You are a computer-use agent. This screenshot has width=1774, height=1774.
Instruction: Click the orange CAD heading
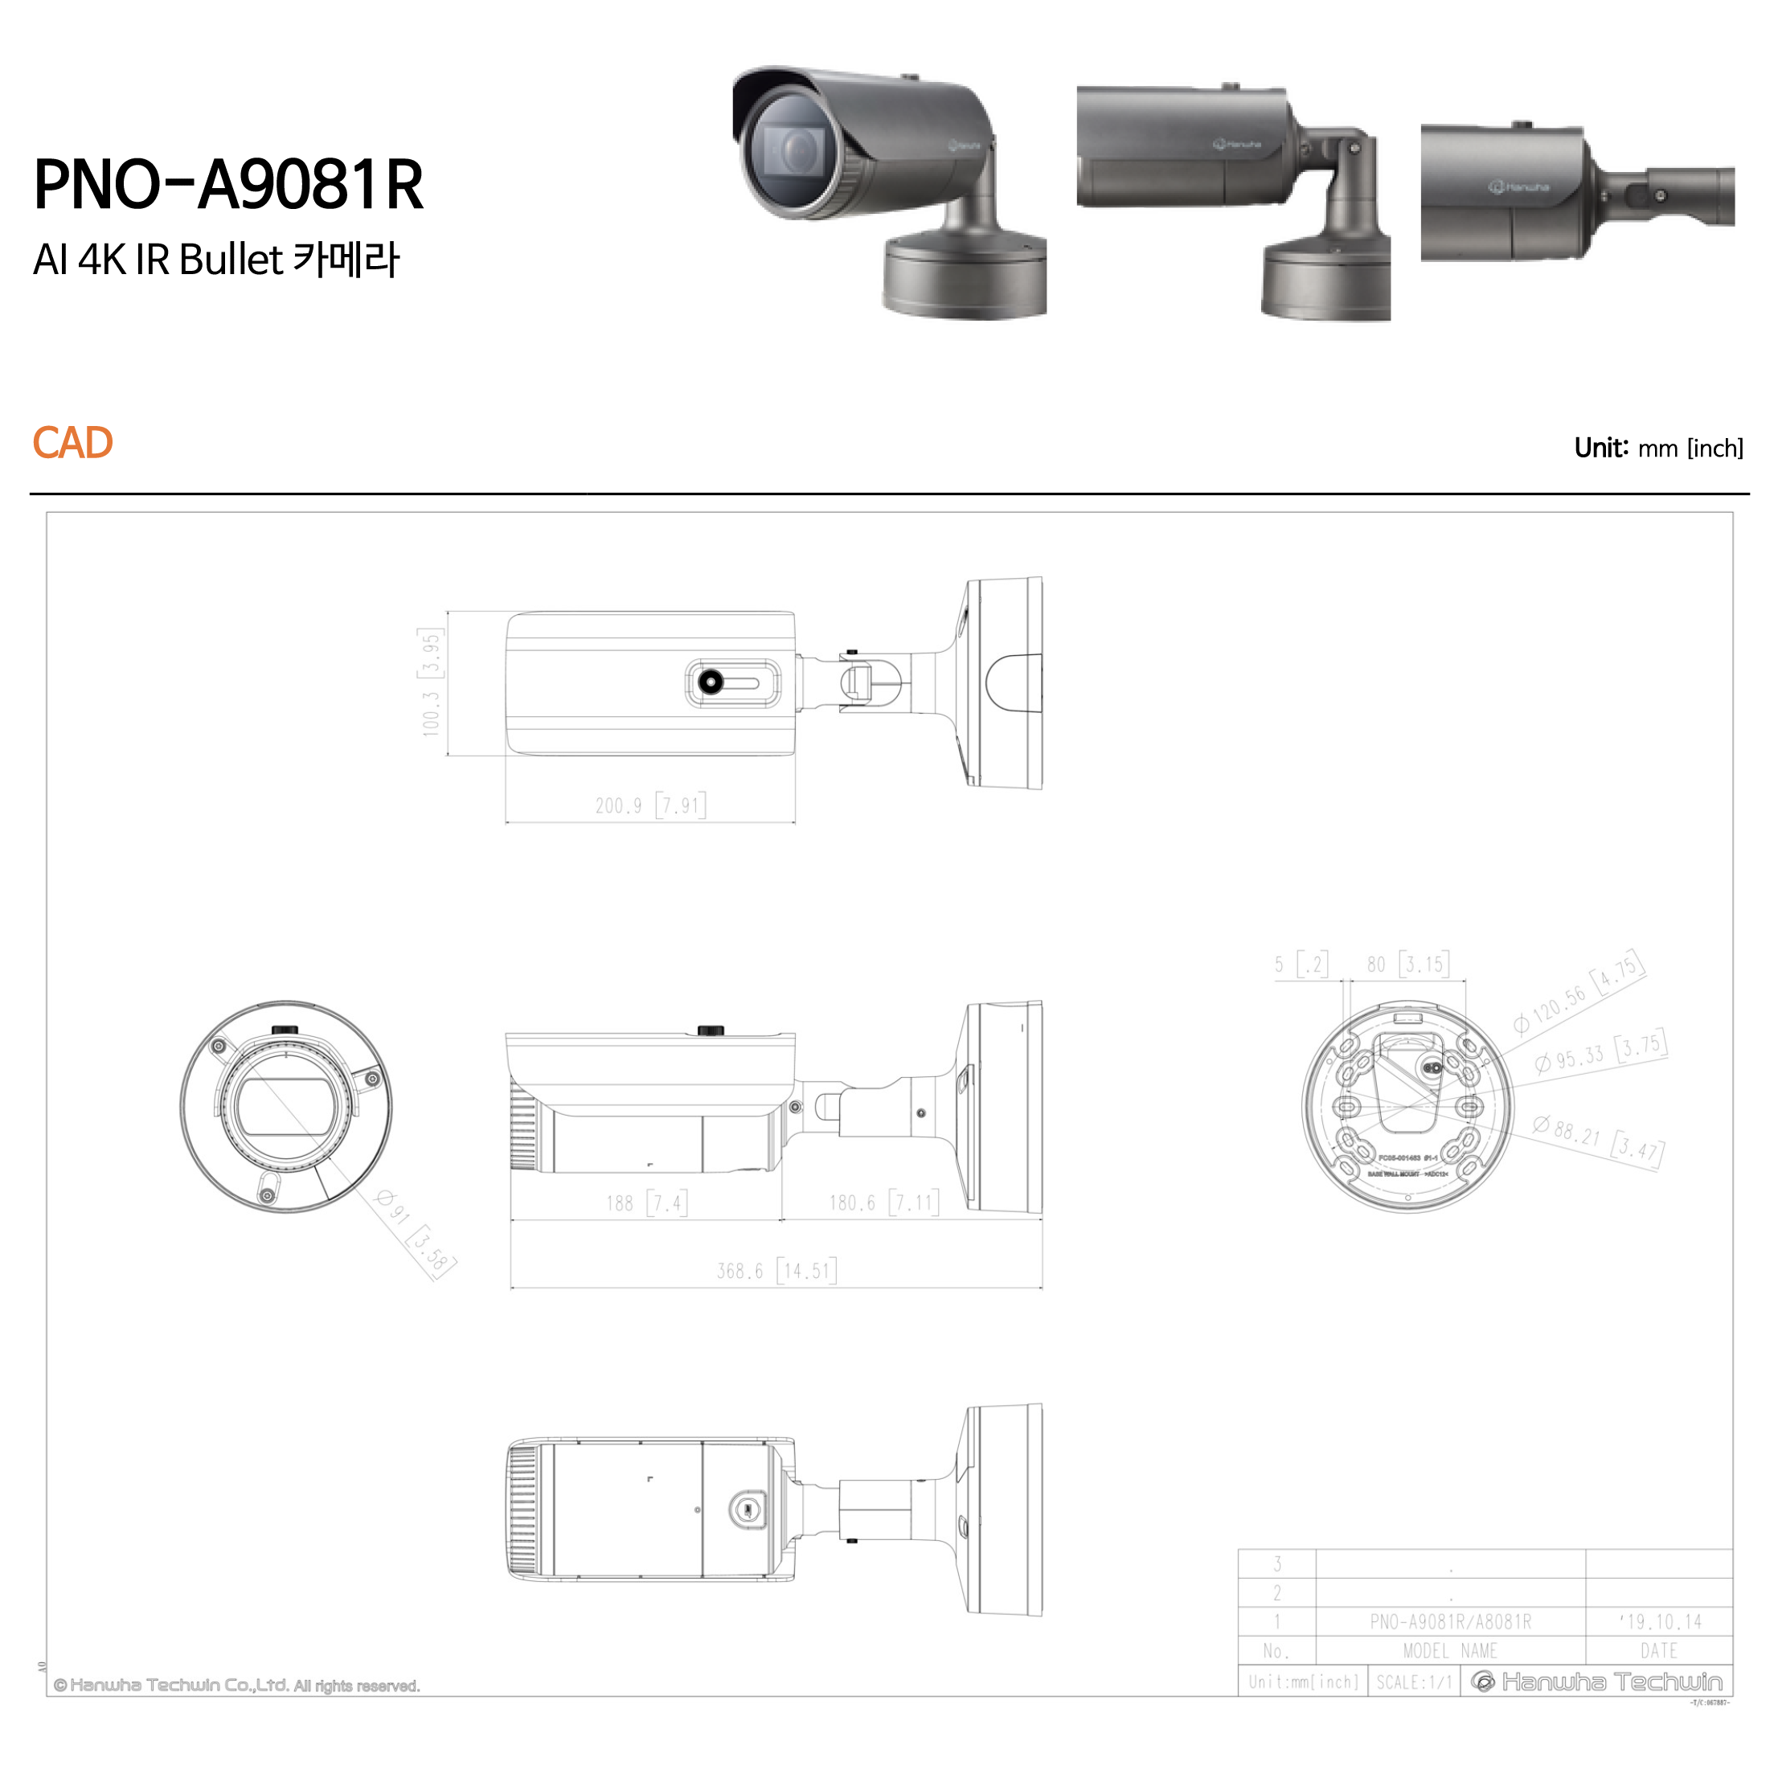(x=72, y=444)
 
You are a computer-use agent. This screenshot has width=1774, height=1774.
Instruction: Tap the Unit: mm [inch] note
(x=1658, y=448)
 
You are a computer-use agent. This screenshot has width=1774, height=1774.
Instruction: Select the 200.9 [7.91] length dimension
(x=650, y=805)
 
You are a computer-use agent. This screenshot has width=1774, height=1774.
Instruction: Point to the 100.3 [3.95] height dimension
(x=431, y=682)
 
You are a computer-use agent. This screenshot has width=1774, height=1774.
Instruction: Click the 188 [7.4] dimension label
(x=646, y=1202)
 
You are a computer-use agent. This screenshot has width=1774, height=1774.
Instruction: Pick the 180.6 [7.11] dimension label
(x=883, y=1202)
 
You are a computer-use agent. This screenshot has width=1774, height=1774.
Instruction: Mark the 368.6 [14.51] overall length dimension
(x=776, y=1271)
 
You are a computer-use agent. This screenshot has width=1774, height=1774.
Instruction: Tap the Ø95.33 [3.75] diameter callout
(x=1600, y=1052)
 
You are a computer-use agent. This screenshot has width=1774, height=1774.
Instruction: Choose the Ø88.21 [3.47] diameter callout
(x=1597, y=1139)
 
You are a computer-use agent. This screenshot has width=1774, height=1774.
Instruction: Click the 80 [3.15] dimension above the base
(x=1407, y=964)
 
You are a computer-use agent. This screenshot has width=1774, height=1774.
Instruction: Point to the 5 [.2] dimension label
(x=1301, y=964)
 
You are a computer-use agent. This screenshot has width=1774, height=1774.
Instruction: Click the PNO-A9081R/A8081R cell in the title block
(x=1450, y=1621)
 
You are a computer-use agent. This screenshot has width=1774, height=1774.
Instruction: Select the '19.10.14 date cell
(x=1658, y=1621)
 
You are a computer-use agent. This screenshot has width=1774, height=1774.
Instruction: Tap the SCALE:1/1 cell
(x=1413, y=1682)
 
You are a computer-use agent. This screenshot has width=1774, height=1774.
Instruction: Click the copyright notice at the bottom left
(x=236, y=1686)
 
